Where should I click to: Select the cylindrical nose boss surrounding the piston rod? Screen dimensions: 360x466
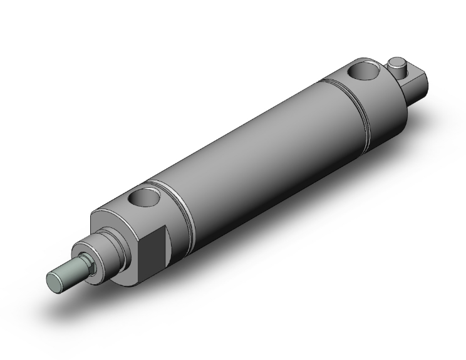pyautogui.click(x=100, y=251)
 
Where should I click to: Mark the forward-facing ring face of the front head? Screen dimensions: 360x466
pyautogui.click(x=109, y=219)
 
